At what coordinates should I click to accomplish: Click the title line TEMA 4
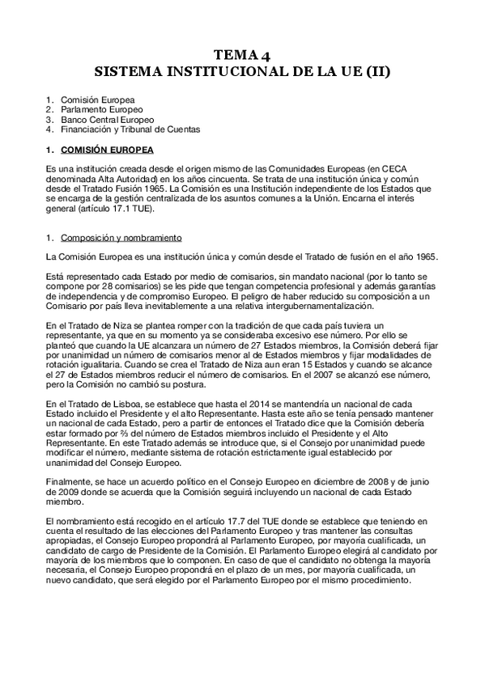[x=242, y=56]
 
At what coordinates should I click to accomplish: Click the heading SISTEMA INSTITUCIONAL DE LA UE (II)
[x=242, y=71]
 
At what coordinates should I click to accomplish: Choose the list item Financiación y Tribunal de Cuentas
[x=130, y=129]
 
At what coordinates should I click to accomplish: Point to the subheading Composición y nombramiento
[x=121, y=237]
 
